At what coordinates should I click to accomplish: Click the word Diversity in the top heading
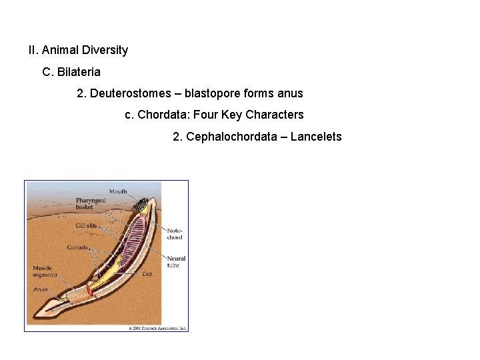[105, 50]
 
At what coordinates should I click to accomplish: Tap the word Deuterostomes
[130, 93]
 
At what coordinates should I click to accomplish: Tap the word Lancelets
[316, 137]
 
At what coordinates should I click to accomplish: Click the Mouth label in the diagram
[118, 192]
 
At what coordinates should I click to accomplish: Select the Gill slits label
[86, 226]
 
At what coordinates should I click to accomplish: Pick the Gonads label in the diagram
[77, 247]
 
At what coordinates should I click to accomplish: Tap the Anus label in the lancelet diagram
[41, 289]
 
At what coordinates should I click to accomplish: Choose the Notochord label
[175, 233]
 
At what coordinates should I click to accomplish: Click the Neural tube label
[176, 261]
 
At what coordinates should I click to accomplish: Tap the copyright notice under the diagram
[157, 328]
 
